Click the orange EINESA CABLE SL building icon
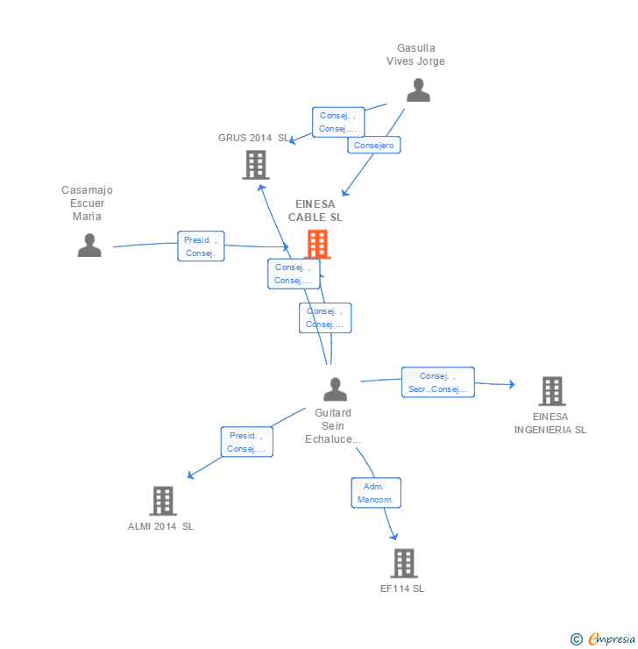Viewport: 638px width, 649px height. (x=317, y=244)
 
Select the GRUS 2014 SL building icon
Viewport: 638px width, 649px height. (x=255, y=164)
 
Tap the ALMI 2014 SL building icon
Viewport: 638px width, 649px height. (x=163, y=501)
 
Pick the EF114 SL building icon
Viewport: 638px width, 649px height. (x=403, y=563)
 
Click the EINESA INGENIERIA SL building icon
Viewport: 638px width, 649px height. (x=551, y=391)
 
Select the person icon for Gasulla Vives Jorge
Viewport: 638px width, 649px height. (x=418, y=90)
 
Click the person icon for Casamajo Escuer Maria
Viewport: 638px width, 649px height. (x=89, y=246)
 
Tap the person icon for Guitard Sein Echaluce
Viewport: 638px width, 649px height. (x=335, y=389)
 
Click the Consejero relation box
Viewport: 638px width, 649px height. (x=374, y=146)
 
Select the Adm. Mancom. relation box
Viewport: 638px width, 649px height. (x=377, y=492)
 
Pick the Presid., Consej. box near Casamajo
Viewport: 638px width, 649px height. (x=201, y=246)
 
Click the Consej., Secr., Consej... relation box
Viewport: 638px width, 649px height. (x=438, y=382)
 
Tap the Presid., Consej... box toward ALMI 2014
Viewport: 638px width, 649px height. (x=246, y=442)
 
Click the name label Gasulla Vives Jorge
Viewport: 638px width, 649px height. (x=416, y=55)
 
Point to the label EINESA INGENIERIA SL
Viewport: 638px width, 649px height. (x=550, y=424)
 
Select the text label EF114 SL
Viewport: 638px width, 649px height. (x=402, y=589)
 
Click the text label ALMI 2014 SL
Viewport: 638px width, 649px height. (x=161, y=526)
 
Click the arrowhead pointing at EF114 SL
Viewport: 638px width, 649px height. (x=393, y=536)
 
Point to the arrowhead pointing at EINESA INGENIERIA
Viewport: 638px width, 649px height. (x=512, y=383)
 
